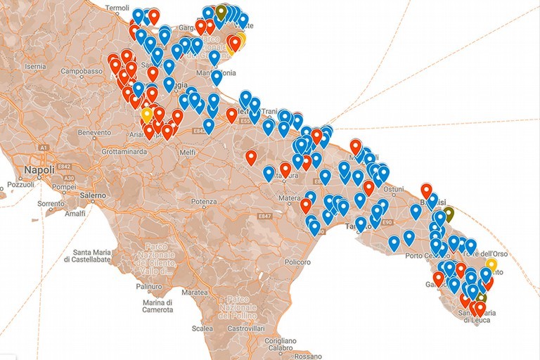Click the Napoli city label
point(39,171)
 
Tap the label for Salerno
point(91,195)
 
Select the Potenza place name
point(203,202)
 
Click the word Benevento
point(94,132)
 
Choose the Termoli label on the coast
point(117,8)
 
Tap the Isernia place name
point(35,66)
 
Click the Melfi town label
point(187,152)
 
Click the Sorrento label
point(51,204)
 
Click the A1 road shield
point(44,148)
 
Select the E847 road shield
point(264,215)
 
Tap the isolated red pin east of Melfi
point(251,157)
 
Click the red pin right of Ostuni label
point(425,190)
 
